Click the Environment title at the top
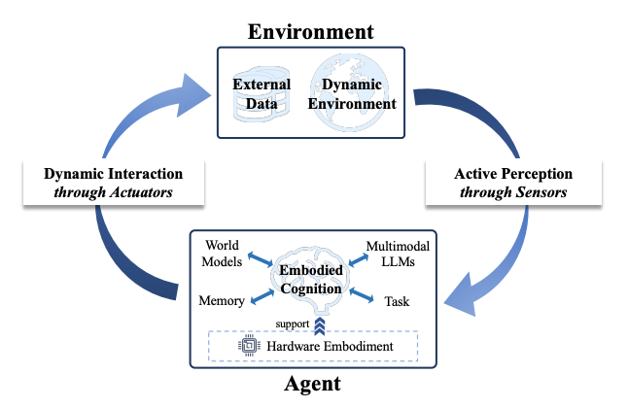(311, 30)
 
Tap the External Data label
(262, 93)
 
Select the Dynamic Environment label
(359, 93)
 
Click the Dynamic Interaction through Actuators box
(114, 183)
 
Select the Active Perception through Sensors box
(513, 183)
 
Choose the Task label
(398, 302)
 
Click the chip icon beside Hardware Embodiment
(248, 347)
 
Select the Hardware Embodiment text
(329, 347)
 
